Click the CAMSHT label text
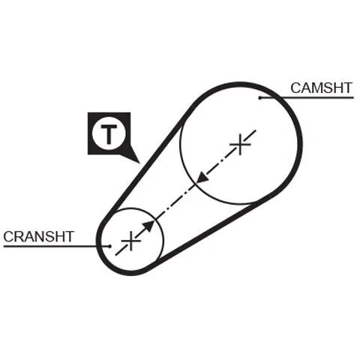321,88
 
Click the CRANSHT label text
38,236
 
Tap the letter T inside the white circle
109,134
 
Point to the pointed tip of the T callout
139,163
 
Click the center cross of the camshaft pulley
240,145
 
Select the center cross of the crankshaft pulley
130,241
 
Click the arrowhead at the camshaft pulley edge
202,177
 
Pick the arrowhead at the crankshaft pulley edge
149,226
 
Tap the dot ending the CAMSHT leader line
260,97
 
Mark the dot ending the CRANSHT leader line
109,246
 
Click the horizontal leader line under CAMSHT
307,97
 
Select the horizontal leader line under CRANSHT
56,246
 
